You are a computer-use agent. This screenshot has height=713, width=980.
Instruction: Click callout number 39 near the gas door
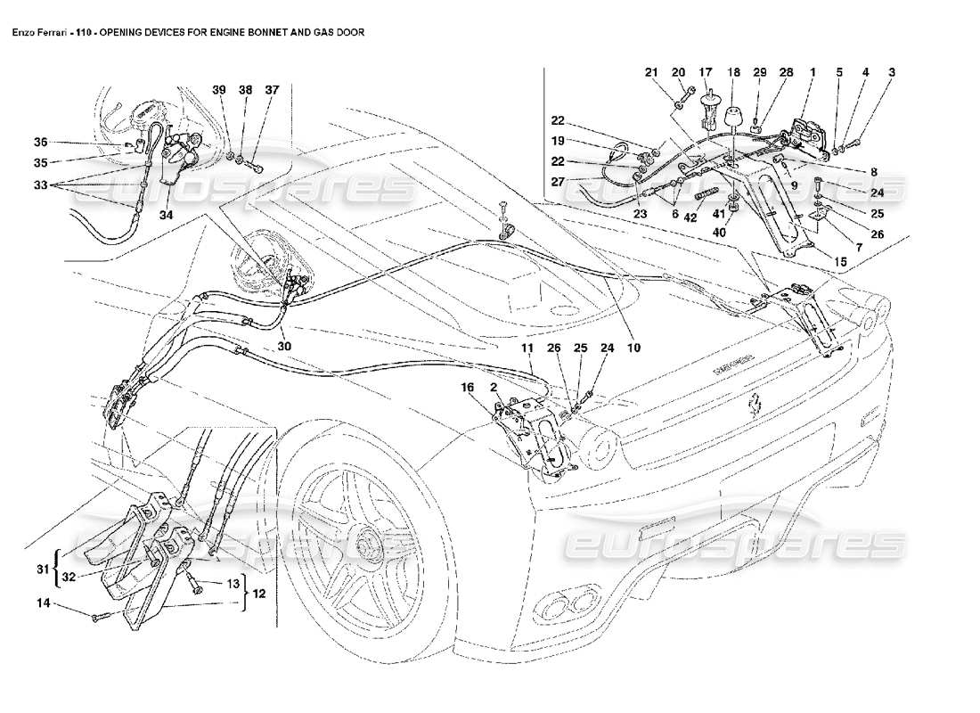[218, 90]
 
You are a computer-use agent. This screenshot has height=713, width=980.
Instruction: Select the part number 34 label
[166, 214]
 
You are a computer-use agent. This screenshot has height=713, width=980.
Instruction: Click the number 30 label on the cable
[282, 347]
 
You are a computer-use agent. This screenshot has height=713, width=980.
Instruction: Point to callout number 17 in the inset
[706, 72]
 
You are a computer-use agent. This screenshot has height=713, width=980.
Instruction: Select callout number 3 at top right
[891, 72]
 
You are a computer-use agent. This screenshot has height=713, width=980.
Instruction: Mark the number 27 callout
[557, 181]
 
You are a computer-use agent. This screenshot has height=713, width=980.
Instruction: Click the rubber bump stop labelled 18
[734, 119]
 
